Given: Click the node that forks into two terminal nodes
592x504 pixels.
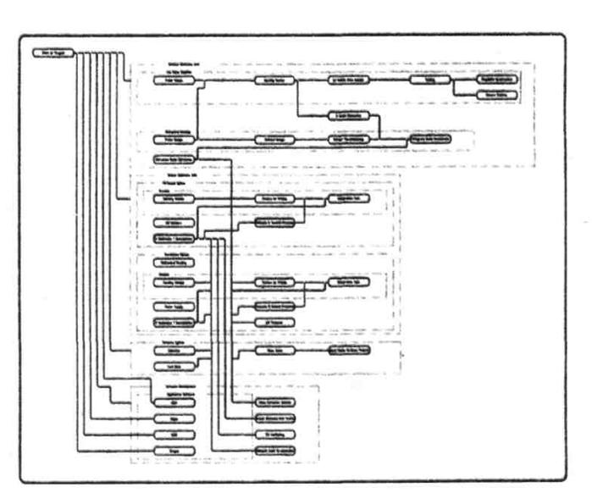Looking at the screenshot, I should (429, 82).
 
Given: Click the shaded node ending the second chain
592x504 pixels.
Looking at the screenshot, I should (429, 136).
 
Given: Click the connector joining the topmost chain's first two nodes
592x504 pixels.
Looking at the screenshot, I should (219, 82).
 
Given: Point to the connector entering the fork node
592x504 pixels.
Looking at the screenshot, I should (390, 82).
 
